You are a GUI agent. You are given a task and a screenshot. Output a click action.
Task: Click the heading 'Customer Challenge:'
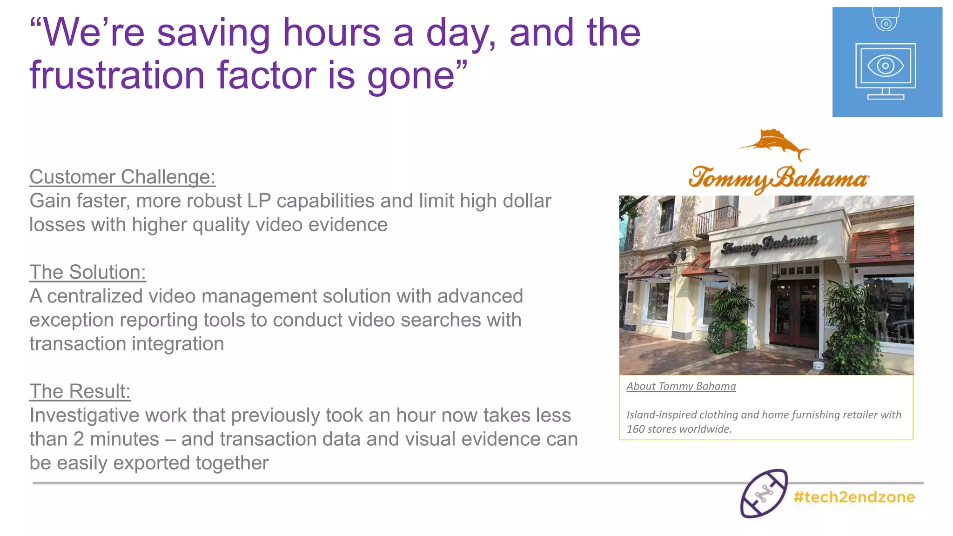(x=122, y=177)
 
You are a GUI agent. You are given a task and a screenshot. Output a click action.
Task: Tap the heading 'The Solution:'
(x=87, y=273)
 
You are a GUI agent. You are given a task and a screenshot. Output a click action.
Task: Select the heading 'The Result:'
(x=80, y=392)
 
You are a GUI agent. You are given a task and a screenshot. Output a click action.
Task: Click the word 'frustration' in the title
(x=117, y=75)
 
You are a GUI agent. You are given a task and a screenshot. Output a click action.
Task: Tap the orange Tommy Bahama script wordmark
(x=779, y=179)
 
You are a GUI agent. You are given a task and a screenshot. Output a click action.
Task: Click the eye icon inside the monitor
(x=886, y=66)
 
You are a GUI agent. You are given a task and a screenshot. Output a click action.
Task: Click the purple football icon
(x=764, y=493)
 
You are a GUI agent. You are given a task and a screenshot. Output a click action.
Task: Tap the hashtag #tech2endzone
(x=854, y=497)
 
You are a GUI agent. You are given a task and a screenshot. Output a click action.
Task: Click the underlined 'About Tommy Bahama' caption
(x=681, y=386)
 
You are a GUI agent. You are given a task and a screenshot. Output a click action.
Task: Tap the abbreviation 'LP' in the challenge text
(x=259, y=201)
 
